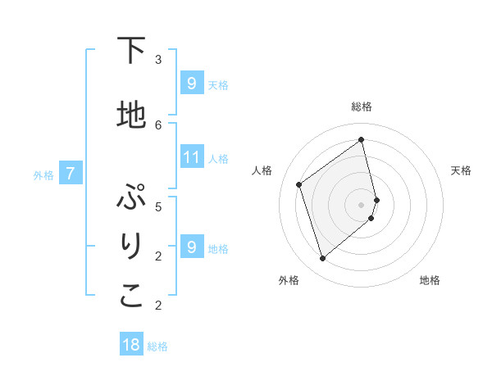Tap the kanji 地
(x=131, y=115)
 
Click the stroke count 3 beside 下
(x=158, y=59)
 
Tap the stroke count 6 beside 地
(x=158, y=125)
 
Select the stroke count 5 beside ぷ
(x=158, y=206)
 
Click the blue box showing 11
(x=192, y=157)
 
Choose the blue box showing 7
(x=71, y=174)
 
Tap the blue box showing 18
(x=131, y=345)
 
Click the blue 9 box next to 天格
(x=192, y=84)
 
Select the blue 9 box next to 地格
(x=192, y=247)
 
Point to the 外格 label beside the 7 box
(x=43, y=174)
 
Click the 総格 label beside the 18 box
(x=157, y=346)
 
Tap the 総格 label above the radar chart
(x=362, y=106)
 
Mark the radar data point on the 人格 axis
(x=299, y=184)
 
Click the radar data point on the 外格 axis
(x=322, y=259)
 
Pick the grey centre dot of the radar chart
(x=362, y=205)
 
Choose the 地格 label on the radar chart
(x=430, y=280)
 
